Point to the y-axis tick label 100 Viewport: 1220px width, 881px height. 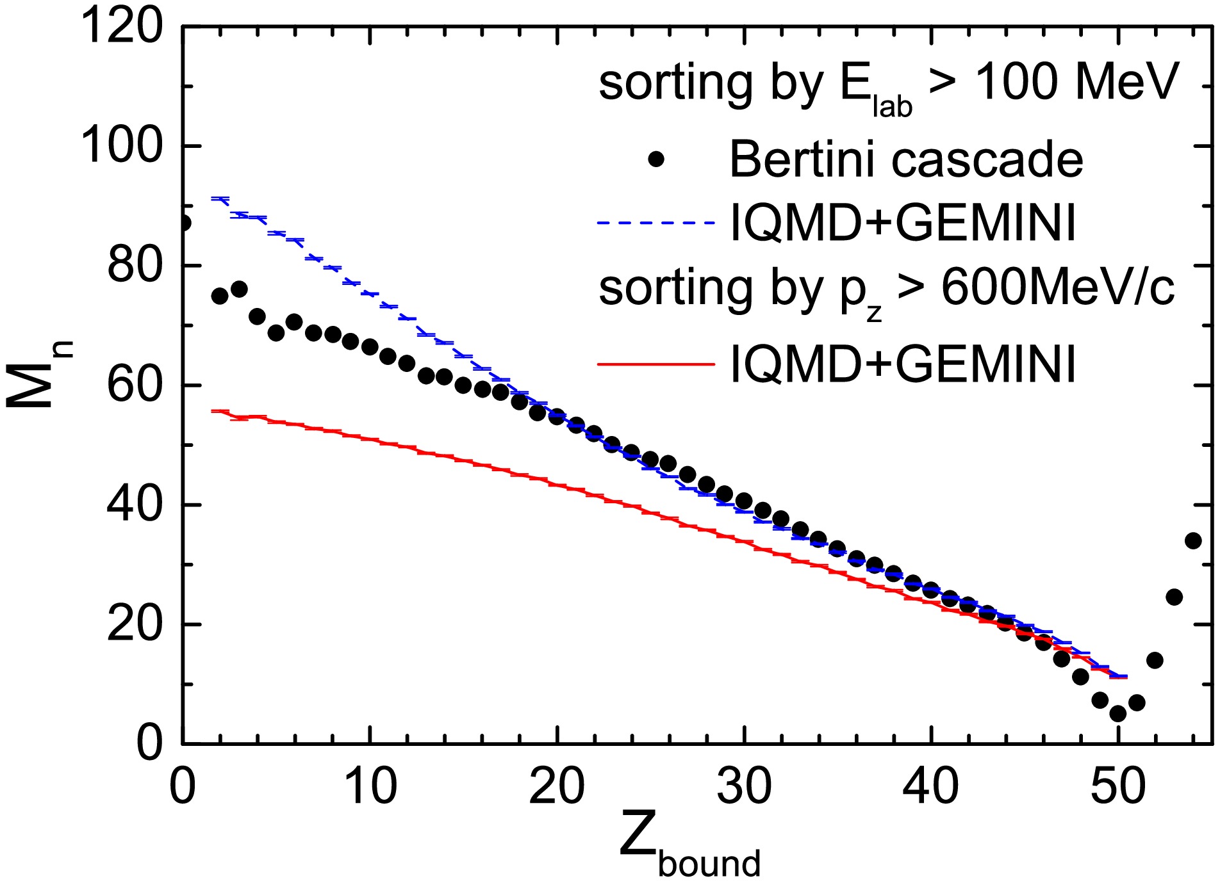click(x=122, y=146)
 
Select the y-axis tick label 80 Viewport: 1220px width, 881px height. click(x=135, y=266)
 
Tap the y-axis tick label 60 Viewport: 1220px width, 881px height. click(x=135, y=385)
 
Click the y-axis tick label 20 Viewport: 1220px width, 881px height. click(x=135, y=624)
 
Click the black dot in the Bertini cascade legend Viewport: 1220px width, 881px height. click(x=655, y=159)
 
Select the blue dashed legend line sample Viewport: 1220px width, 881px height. click(x=655, y=223)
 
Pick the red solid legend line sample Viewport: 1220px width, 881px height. click(x=655, y=364)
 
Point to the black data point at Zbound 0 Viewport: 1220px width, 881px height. click(x=183, y=223)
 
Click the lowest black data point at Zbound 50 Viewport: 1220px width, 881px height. click(x=1118, y=713)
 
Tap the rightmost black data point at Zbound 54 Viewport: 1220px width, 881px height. click(x=1193, y=541)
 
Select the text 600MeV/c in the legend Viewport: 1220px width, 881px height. click(x=1057, y=288)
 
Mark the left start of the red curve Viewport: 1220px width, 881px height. click(x=213, y=411)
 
